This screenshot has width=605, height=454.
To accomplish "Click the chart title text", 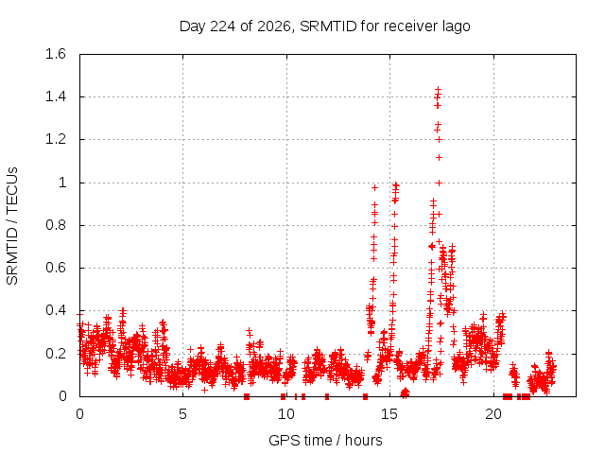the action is (325, 26).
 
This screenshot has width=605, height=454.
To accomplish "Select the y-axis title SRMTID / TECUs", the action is (12, 226).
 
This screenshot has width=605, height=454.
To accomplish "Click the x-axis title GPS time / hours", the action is (325, 440).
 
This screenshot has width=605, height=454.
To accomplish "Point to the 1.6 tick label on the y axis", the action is (56, 54).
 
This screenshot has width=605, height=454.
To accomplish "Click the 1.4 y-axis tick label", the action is (56, 96).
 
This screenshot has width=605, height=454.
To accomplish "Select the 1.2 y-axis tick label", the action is (56, 139).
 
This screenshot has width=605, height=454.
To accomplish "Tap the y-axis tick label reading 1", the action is (62, 183).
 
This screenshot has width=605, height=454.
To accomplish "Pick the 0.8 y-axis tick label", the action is (56, 225).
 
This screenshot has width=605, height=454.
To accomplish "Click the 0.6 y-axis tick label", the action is (56, 268).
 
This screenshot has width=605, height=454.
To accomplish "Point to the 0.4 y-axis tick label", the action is (56, 310).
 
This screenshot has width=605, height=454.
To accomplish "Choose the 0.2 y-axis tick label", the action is (56, 353).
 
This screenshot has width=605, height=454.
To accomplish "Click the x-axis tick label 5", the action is (182, 414).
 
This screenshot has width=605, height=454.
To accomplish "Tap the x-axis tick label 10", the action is (286, 414).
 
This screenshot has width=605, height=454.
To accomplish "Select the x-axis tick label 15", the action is (389, 414).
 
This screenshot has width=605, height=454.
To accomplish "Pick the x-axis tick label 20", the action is (493, 414).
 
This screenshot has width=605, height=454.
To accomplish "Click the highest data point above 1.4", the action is (438, 90).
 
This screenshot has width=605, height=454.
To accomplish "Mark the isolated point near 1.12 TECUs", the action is (439, 158).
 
